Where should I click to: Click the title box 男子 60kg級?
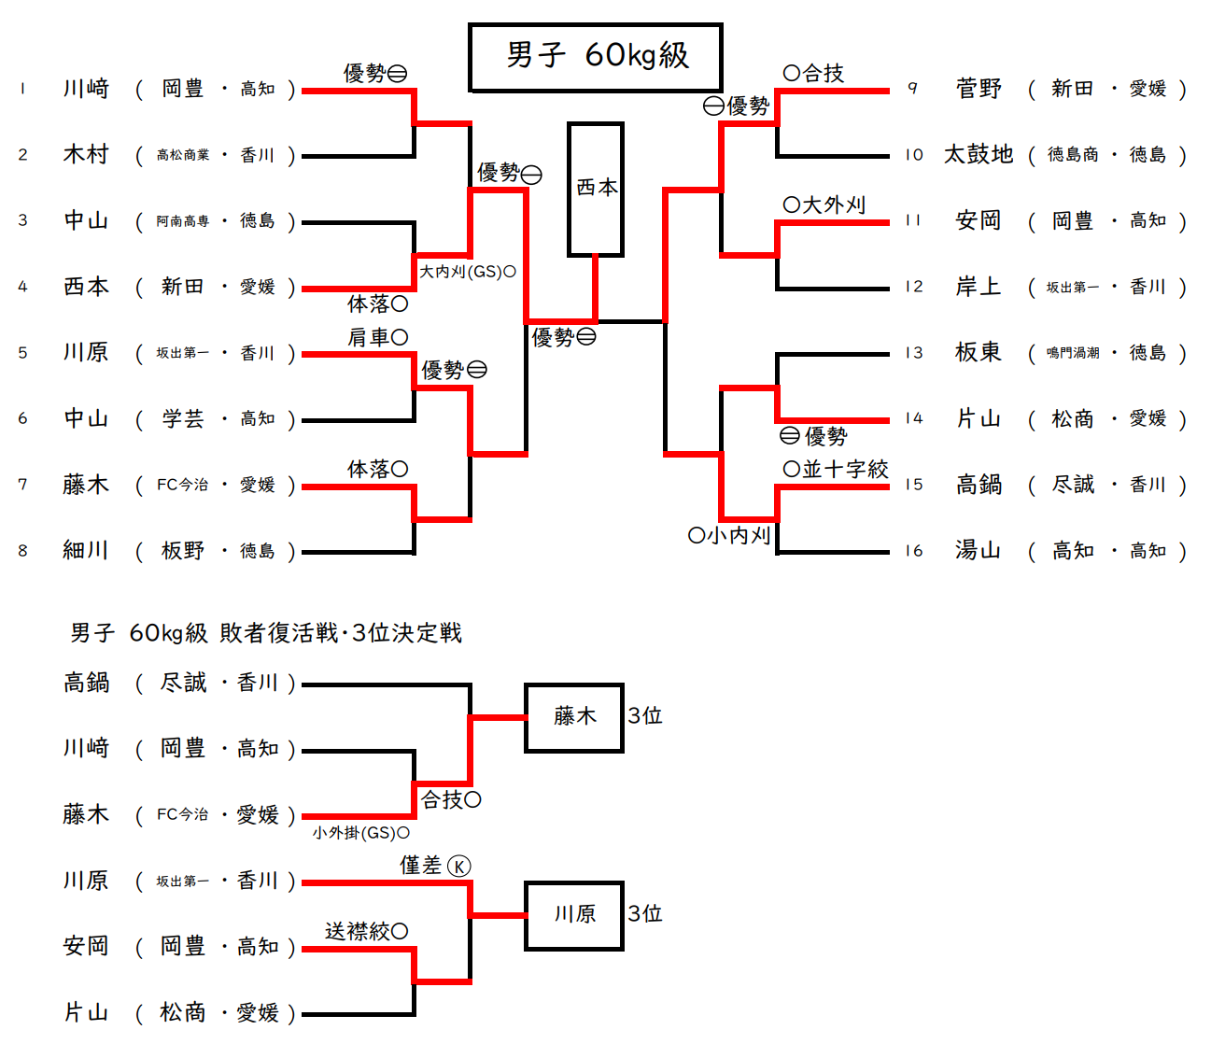pos(596,57)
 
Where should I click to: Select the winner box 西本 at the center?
pos(596,189)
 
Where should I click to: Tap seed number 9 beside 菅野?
pos(912,89)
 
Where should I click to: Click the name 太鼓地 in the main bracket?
pos(978,154)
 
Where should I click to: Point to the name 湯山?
pos(978,550)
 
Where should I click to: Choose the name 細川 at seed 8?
pos(86,550)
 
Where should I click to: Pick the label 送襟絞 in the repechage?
pos(358,931)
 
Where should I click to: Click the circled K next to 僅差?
pos(458,867)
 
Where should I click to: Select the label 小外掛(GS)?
pos(355,832)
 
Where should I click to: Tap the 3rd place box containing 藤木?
pos(574,717)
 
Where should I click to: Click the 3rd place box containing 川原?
pos(574,914)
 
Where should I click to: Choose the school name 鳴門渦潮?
pos(1072,353)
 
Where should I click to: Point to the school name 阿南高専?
pos(183,221)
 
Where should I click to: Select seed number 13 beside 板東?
pos(913,353)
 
